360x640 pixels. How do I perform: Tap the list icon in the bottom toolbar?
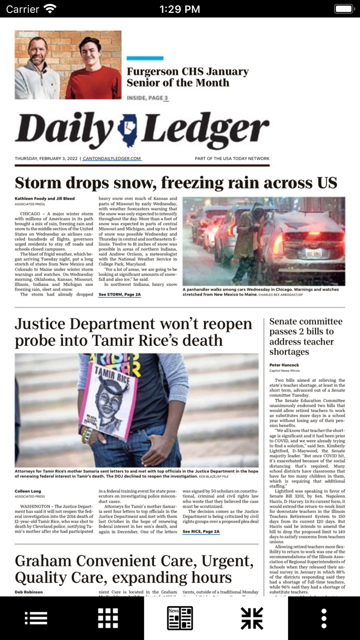[x=36, y=618]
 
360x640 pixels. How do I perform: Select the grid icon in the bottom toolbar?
[x=108, y=618]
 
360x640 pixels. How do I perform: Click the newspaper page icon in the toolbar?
[x=180, y=618]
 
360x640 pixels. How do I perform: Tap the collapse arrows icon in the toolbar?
[x=252, y=618]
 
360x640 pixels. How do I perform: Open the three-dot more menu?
[x=324, y=618]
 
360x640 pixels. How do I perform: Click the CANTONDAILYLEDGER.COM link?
[x=112, y=158]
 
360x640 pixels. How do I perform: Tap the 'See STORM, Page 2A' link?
[x=119, y=294]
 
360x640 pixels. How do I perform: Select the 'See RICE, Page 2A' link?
[x=201, y=531]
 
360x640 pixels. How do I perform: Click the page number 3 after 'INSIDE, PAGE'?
[x=166, y=98]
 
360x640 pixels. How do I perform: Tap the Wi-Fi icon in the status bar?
[x=50, y=9]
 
